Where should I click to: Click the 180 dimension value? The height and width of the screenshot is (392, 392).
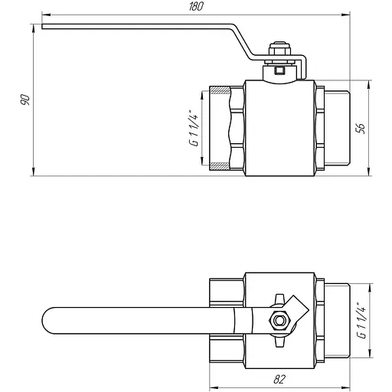point(196,7)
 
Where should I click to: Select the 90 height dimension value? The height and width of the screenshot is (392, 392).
point(25,100)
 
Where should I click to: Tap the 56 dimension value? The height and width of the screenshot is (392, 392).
point(361,129)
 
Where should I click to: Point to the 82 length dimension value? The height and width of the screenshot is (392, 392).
point(279,380)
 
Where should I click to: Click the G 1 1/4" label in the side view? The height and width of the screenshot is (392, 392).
point(194,128)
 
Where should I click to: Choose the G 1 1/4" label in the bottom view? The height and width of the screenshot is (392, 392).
point(361,321)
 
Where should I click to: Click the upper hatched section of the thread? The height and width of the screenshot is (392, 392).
point(220,90)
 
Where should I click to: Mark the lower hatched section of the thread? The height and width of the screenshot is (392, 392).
point(220,166)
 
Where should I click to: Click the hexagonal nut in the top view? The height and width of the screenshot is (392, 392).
point(279,320)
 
